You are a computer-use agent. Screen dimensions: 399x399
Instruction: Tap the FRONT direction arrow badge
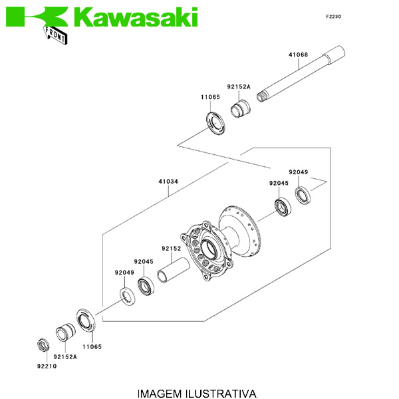tap(57, 34)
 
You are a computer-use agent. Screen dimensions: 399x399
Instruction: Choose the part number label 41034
tap(168, 180)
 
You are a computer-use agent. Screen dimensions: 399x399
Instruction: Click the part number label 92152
tap(171, 248)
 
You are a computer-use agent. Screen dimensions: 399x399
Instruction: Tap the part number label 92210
tap(46, 366)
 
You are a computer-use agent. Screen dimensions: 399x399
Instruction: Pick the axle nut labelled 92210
tap(41, 345)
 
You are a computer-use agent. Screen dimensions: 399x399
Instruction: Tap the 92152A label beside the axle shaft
tap(238, 87)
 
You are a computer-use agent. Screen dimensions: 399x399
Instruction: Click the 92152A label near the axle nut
tap(65, 356)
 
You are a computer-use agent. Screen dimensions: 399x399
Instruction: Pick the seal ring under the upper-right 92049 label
tap(303, 196)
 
